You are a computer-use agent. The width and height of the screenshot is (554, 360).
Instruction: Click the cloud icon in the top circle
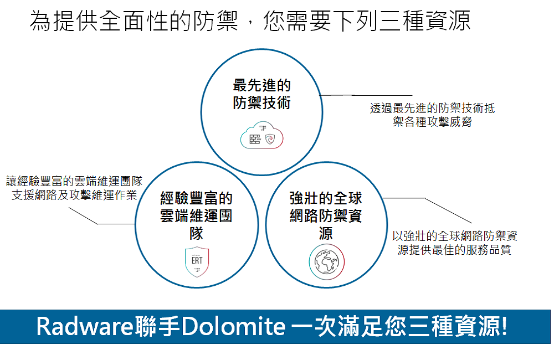[x=262, y=135]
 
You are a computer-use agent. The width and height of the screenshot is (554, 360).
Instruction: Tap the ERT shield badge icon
[x=197, y=261]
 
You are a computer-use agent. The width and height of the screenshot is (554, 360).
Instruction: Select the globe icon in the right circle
[x=326, y=262]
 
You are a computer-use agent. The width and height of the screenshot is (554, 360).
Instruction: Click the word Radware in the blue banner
[x=84, y=326]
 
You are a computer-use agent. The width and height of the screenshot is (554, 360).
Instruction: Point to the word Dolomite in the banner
[x=233, y=326]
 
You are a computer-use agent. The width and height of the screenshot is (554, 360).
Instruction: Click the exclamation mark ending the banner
[x=504, y=326]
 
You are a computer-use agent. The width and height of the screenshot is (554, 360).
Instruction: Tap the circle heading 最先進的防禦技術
[x=262, y=94]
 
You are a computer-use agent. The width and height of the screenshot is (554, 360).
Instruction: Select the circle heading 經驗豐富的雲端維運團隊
[x=197, y=215]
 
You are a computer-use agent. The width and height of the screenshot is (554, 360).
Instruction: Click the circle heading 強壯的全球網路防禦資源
[x=326, y=215]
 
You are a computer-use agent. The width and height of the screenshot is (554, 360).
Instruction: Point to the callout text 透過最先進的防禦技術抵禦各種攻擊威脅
[x=433, y=115]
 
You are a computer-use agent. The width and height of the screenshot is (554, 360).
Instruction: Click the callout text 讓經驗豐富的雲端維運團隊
[x=74, y=181]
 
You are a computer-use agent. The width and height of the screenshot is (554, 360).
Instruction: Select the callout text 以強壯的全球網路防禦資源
[x=455, y=235]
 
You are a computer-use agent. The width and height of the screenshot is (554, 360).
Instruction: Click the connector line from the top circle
[x=366, y=95]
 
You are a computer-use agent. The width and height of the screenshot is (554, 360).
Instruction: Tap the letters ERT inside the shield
[x=197, y=261]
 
